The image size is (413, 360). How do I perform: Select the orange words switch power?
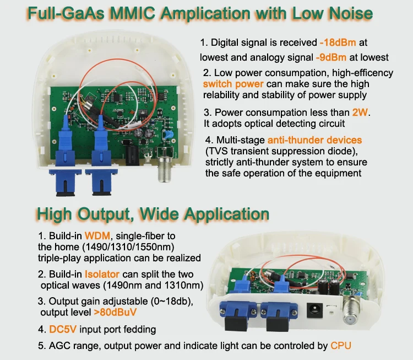(233, 84)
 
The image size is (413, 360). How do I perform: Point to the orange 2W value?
(361, 113)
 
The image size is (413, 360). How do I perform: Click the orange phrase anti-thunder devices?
(314, 140)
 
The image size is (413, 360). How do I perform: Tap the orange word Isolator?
(102, 274)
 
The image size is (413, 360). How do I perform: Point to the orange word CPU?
(340, 346)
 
